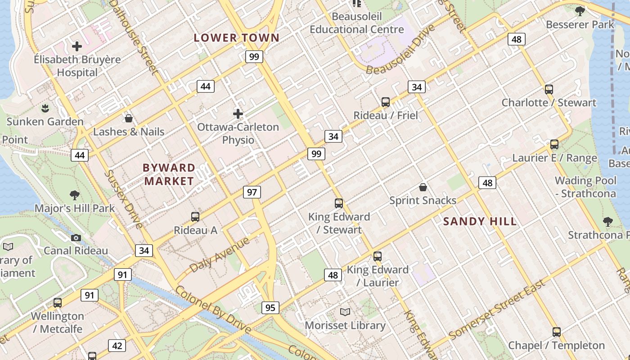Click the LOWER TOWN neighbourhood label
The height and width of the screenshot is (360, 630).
[x=237, y=38]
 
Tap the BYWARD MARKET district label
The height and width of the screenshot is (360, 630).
[x=169, y=175]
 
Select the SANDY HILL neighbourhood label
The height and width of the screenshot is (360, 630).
[x=480, y=221]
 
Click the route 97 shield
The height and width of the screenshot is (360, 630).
[x=252, y=192]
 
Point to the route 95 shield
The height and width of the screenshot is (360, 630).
[x=270, y=308]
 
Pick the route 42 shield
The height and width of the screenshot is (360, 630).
[x=117, y=346]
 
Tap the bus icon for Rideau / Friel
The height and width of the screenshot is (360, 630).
[x=386, y=102]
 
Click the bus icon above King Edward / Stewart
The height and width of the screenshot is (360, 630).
[x=339, y=203]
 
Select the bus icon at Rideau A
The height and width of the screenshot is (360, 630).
[x=195, y=217]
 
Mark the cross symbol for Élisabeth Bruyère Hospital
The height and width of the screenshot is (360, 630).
[x=77, y=46]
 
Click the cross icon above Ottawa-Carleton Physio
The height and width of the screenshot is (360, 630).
[x=238, y=114]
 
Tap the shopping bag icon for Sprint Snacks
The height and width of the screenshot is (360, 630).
[x=423, y=187]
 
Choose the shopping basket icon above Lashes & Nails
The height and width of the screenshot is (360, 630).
[x=129, y=118]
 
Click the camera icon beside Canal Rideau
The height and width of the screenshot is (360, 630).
[x=76, y=238]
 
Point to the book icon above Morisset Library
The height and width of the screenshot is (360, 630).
[x=345, y=312]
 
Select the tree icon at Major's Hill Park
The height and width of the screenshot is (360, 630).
[x=75, y=195]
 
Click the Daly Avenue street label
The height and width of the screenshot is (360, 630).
[x=220, y=255]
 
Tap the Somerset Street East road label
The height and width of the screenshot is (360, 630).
[x=497, y=309]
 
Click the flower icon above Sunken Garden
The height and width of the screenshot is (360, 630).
[x=45, y=108]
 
